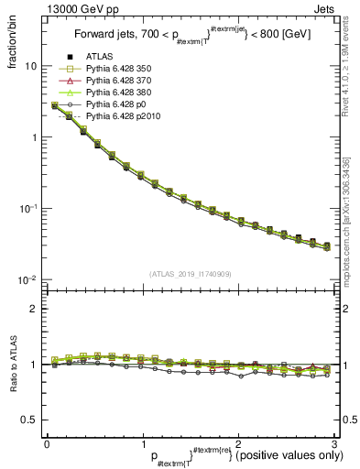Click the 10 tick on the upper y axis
(31, 66)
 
